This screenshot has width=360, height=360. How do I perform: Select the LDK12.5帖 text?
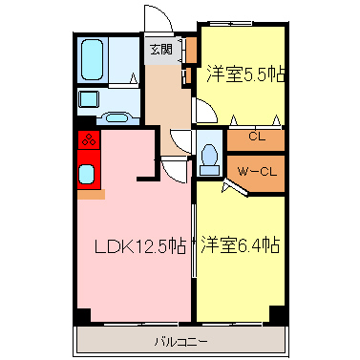(x=138, y=246)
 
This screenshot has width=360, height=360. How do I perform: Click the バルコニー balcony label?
(x=180, y=340)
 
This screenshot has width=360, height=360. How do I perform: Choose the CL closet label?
(x=255, y=137)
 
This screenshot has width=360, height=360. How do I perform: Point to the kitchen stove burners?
(x=87, y=140)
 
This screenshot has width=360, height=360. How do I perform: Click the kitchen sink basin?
(x=87, y=174)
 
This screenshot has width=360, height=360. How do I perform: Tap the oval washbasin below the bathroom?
(x=117, y=117)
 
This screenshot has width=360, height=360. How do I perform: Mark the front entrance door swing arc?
(x=156, y=19)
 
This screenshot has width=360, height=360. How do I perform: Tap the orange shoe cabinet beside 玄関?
(x=190, y=49)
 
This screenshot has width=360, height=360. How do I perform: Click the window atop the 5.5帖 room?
(x=244, y=26)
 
